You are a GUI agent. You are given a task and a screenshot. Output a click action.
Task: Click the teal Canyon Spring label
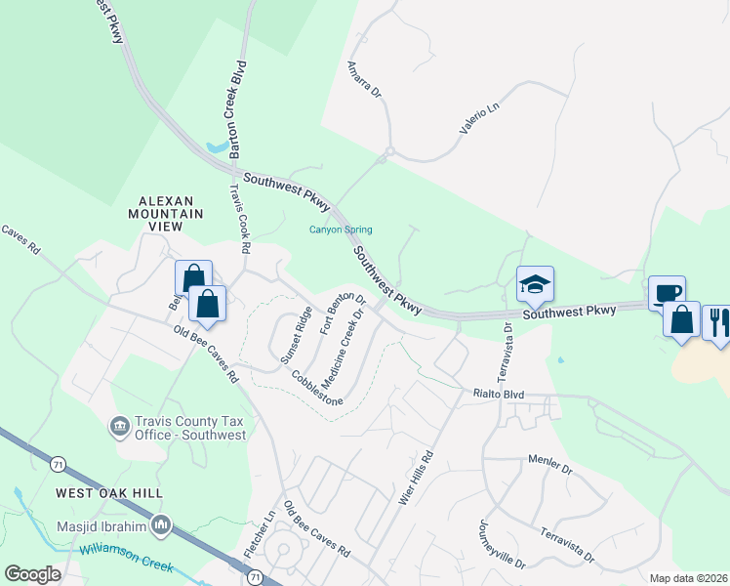(x=341, y=230)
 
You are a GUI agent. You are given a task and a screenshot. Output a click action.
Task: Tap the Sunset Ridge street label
(x=296, y=335)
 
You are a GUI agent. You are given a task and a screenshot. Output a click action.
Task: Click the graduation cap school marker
(x=535, y=283)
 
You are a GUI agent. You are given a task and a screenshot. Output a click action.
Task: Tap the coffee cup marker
(x=668, y=293)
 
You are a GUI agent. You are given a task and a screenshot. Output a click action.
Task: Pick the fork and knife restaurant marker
(x=717, y=321)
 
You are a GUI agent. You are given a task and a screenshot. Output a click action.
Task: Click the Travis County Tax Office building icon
(x=120, y=426)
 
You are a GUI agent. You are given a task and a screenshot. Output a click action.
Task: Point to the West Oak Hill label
(x=109, y=493)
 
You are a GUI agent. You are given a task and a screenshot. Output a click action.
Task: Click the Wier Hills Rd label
(x=415, y=478)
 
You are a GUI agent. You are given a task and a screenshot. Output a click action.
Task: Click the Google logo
(x=33, y=574)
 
